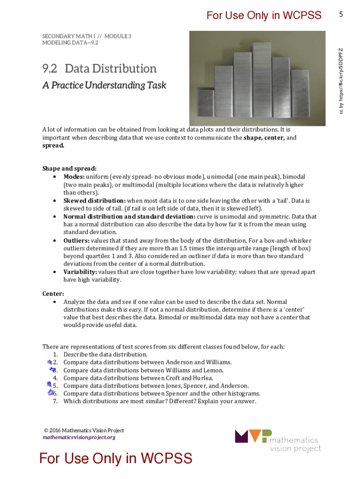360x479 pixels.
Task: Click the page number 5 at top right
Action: tap(341, 15)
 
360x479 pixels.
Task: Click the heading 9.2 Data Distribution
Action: tap(100, 69)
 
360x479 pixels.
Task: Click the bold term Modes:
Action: tap(74, 177)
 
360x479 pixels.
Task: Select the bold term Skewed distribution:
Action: tap(94, 201)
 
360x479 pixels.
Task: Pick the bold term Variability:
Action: tap(80, 272)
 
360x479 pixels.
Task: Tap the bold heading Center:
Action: tap(53, 294)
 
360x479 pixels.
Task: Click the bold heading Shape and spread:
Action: tap(70, 168)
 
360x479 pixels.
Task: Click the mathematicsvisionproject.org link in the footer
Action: tap(79, 437)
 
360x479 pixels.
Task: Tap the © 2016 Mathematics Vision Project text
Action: tap(84, 430)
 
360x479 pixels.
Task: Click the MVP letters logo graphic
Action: tap(253, 436)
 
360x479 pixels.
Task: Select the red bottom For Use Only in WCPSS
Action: tap(115, 458)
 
